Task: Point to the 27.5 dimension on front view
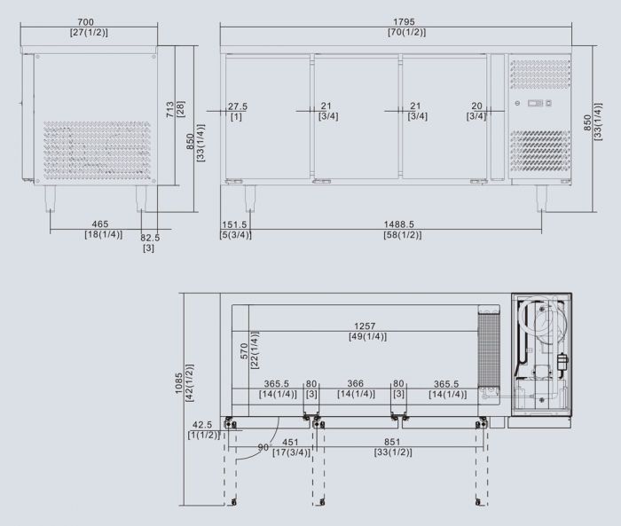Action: (237, 106)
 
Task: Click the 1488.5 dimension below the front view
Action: (402, 224)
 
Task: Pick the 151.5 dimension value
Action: (235, 224)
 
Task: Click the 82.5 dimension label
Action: (150, 238)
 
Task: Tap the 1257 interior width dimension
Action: (366, 326)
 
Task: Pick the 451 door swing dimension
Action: (289, 442)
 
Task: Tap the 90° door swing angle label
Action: (263, 447)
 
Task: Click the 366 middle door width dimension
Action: (355, 384)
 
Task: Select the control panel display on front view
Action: (536, 105)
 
